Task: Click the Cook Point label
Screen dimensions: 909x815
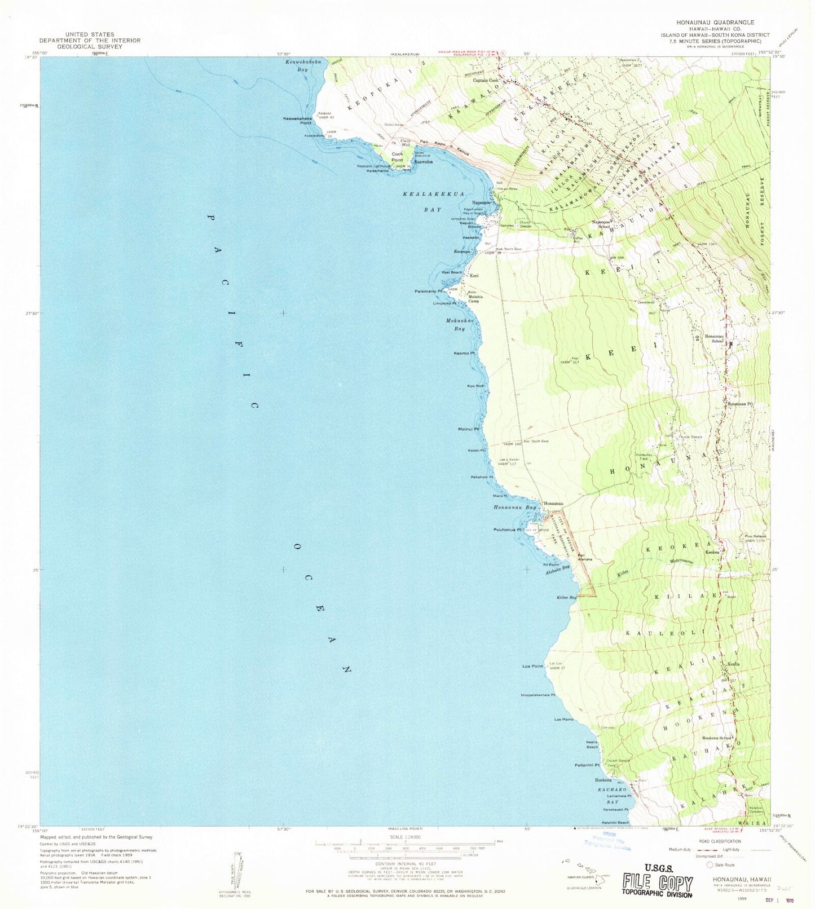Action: pos(398,157)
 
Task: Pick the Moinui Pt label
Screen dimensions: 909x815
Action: pos(469,429)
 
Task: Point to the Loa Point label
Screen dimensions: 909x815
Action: pos(532,666)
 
